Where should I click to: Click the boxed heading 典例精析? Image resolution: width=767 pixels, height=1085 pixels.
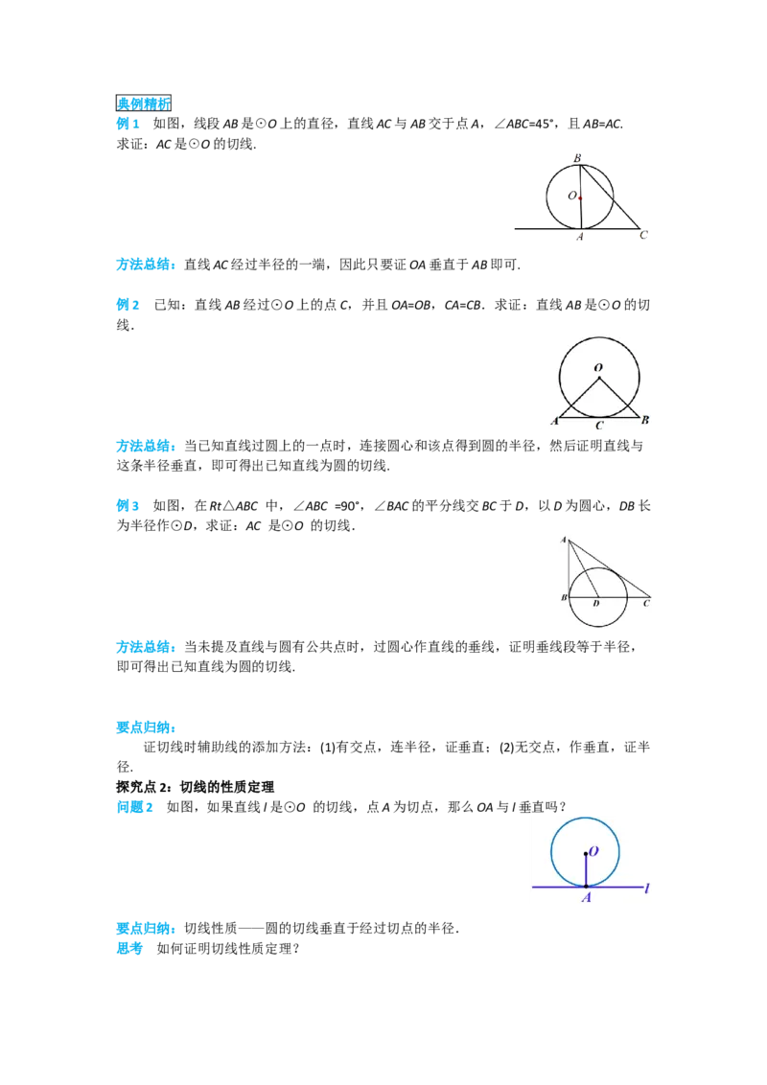(143, 104)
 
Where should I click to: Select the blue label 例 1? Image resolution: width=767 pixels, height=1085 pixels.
(128, 124)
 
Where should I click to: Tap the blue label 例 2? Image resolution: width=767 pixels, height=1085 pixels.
(128, 305)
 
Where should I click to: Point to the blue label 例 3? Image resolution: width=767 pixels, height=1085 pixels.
(128, 506)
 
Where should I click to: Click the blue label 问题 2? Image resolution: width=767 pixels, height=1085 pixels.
(135, 807)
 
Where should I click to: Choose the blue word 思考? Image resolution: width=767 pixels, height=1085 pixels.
(129, 949)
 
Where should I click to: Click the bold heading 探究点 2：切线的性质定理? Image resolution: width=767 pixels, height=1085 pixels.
(196, 787)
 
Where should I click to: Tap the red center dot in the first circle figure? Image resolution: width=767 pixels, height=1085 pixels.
(581, 198)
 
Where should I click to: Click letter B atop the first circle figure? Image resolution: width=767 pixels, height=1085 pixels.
(577, 158)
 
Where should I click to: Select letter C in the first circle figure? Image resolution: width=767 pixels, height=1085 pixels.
(643, 235)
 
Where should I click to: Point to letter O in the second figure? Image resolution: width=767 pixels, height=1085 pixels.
(598, 368)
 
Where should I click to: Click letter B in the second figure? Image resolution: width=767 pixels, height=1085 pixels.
(645, 419)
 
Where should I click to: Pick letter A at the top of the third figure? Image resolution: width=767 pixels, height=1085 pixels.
(564, 540)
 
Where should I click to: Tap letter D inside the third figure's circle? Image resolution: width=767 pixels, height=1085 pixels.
(596, 604)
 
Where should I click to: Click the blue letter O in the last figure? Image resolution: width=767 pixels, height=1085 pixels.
(593, 852)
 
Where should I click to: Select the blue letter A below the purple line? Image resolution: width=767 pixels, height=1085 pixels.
(587, 897)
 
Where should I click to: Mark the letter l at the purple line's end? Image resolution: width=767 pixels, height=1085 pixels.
(646, 888)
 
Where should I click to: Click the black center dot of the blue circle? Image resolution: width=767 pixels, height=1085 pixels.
(586, 854)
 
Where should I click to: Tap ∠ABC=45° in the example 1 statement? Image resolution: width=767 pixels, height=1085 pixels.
(524, 124)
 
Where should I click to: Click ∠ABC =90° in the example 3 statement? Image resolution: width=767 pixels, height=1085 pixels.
(327, 506)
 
